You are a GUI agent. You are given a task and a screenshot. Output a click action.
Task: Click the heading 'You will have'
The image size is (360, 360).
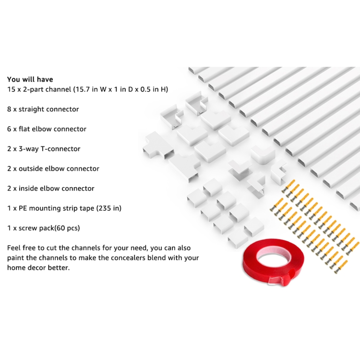(x=30, y=79)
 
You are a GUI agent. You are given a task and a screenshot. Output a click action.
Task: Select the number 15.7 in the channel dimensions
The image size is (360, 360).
(x=83, y=89)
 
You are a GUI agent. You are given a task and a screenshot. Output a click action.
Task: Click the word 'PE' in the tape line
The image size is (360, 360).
(x=23, y=208)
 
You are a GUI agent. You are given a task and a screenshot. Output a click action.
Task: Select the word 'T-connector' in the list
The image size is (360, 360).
(x=60, y=149)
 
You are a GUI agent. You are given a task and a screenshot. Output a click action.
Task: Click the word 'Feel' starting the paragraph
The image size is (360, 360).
(x=14, y=248)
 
